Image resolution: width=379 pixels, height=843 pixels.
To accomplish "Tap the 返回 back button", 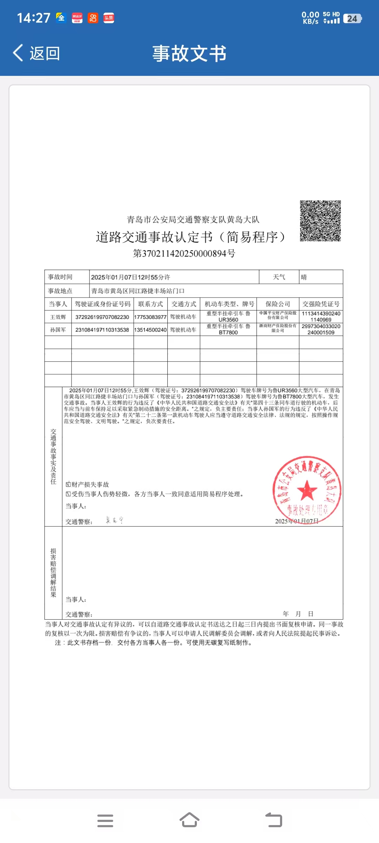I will (x=36, y=53).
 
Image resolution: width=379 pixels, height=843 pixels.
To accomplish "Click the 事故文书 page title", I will (x=189, y=53).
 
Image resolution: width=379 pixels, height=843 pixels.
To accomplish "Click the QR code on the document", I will (x=320, y=221).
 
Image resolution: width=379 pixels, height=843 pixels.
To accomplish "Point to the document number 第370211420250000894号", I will (x=184, y=253).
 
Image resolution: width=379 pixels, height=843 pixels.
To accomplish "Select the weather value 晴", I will (x=304, y=277).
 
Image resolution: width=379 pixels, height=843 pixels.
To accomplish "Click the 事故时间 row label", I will (x=60, y=277).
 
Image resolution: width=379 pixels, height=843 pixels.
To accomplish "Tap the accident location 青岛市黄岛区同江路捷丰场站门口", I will (x=138, y=291).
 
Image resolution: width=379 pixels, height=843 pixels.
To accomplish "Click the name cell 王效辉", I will (x=58, y=317).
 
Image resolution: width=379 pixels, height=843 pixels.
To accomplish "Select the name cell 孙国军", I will (x=58, y=330).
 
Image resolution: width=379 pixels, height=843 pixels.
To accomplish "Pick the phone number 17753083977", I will (x=150, y=317).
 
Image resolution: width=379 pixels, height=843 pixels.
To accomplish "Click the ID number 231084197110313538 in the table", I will (x=102, y=330).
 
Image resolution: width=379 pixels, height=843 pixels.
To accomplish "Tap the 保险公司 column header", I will (x=278, y=304).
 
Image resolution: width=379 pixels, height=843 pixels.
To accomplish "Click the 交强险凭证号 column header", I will (x=321, y=304).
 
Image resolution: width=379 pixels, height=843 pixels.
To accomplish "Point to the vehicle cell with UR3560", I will (x=228, y=316).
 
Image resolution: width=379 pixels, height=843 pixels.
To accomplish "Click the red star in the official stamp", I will (x=307, y=490).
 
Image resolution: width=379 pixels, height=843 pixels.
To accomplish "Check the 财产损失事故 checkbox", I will (x=68, y=484).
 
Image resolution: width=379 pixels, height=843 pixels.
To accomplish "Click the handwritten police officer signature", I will (x=114, y=521).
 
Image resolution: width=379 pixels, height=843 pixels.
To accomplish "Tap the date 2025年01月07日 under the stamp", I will (x=297, y=521).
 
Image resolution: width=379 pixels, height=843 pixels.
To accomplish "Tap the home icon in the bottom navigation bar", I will (x=189, y=820).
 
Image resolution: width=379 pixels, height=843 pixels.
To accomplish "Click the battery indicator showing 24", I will (x=352, y=18).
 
